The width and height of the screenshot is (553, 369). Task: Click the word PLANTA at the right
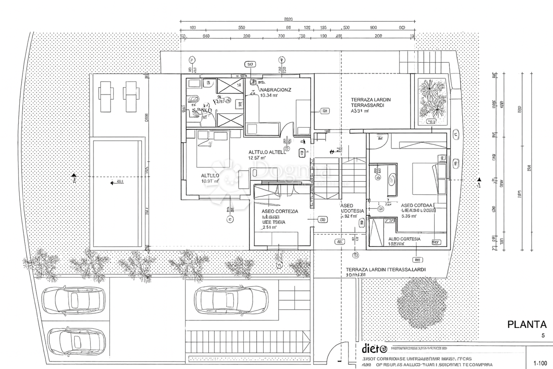[x=527, y=325]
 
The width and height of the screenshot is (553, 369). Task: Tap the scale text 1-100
[x=540, y=363]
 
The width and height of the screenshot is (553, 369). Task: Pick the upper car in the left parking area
[x=74, y=300]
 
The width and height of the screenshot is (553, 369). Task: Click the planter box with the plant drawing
[x=432, y=102]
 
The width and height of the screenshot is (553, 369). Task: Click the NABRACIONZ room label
[x=275, y=90]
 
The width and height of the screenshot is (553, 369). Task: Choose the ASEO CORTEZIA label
[x=280, y=211]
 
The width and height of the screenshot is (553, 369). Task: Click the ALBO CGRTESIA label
[x=404, y=239]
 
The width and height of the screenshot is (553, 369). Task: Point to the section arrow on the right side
[x=479, y=180]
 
